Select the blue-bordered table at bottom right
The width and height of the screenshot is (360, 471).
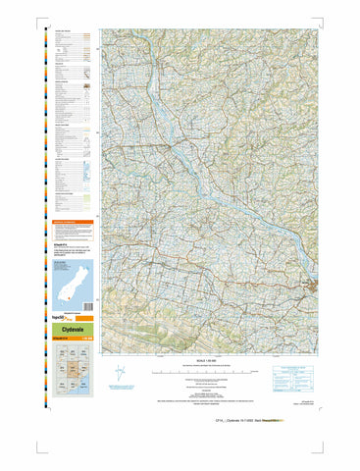[x=295, y=374]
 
